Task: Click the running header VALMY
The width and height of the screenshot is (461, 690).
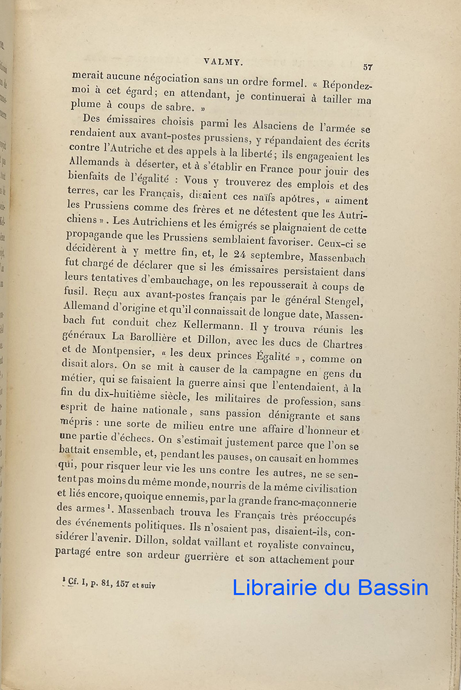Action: pos(221,59)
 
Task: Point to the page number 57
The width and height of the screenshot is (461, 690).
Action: pos(368,67)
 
